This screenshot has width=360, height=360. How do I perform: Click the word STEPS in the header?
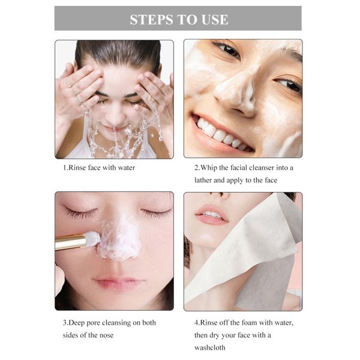(151, 19)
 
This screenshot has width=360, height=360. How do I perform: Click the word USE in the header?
(215, 19)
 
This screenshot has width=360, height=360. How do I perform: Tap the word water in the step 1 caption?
(126, 167)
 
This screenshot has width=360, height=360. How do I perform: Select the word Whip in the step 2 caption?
(208, 168)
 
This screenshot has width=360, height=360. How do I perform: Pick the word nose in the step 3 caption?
(106, 335)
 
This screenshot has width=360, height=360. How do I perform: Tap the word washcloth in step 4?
(210, 347)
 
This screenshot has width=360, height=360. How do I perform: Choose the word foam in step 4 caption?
(243, 323)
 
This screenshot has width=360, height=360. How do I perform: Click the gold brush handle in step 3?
(70, 242)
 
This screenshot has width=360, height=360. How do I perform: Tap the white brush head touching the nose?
(93, 238)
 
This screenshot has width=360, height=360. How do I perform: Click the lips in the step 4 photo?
(212, 215)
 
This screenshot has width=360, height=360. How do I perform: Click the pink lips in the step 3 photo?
(119, 282)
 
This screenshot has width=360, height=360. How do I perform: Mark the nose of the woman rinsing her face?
(115, 113)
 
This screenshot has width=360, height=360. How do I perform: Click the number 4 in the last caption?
(197, 323)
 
